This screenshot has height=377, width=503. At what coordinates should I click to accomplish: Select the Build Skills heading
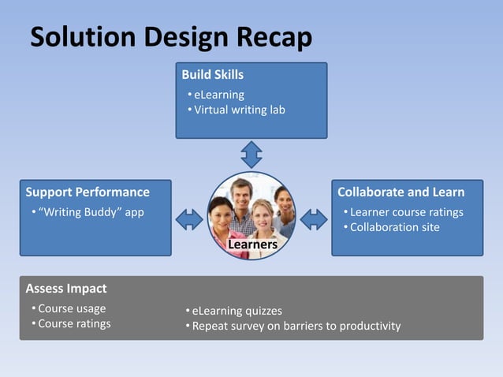click(212, 75)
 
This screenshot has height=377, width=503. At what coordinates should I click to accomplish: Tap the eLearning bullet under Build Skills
click(219, 95)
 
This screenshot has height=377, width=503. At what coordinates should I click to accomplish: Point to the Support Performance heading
click(88, 192)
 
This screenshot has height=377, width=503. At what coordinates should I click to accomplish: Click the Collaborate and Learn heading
click(401, 192)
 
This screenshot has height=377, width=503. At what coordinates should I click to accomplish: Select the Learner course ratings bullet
click(406, 212)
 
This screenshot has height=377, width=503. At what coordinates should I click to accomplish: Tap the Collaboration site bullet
click(394, 227)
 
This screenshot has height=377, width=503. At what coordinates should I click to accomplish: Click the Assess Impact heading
click(66, 288)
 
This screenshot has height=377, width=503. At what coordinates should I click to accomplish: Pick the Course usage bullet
click(72, 308)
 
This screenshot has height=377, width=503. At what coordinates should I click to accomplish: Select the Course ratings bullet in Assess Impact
click(74, 323)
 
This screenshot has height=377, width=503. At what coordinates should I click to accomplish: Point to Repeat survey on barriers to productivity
click(296, 326)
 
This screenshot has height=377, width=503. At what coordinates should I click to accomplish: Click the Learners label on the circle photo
click(252, 245)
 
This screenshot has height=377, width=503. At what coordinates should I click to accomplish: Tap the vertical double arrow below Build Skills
click(251, 154)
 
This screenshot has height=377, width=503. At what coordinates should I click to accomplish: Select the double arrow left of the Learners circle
click(189, 218)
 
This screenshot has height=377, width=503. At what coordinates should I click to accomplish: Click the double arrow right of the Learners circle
click(314, 218)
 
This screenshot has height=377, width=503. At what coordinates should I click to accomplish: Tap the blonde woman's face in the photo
click(260, 213)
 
